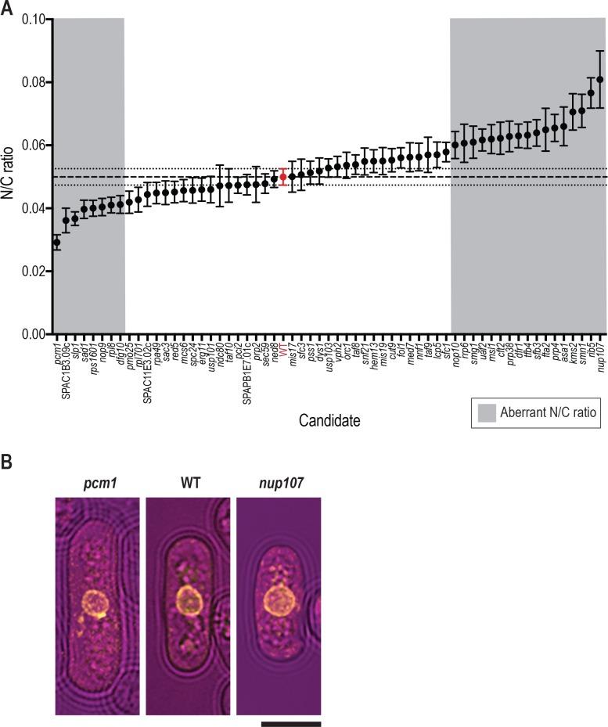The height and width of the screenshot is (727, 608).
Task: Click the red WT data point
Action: pyautogui.click(x=283, y=177)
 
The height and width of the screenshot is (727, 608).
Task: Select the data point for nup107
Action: pyautogui.click(x=600, y=79)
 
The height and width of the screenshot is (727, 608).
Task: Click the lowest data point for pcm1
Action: pyautogui.click(x=56, y=243)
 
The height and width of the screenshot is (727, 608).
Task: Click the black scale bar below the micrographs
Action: pyautogui.click(x=290, y=723)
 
